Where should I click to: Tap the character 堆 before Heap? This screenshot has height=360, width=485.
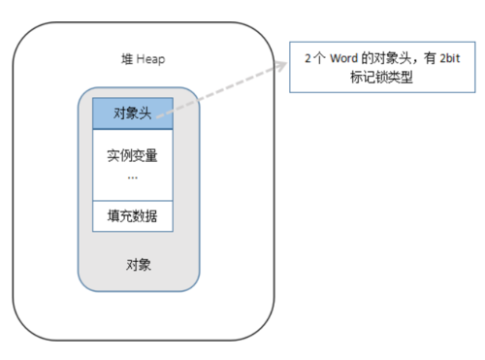pyautogui.click(x=123, y=60)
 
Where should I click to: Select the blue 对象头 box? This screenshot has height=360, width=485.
pyautogui.click(x=133, y=112)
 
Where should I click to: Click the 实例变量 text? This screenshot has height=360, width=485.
pyautogui.click(x=133, y=157)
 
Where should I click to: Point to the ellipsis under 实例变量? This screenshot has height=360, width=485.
pyautogui.click(x=133, y=177)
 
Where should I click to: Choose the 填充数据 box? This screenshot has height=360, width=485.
pyautogui.click(x=133, y=215)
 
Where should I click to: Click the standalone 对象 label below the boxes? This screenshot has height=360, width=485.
pyautogui.click(x=138, y=264)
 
